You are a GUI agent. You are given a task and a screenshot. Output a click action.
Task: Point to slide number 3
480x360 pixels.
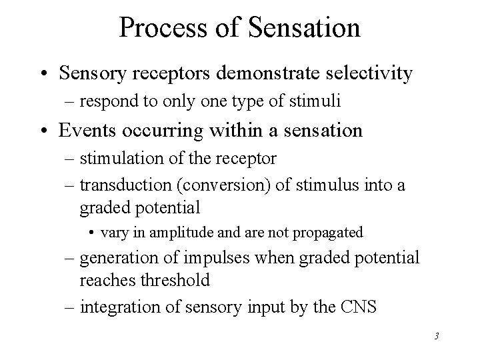(x=435, y=336)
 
